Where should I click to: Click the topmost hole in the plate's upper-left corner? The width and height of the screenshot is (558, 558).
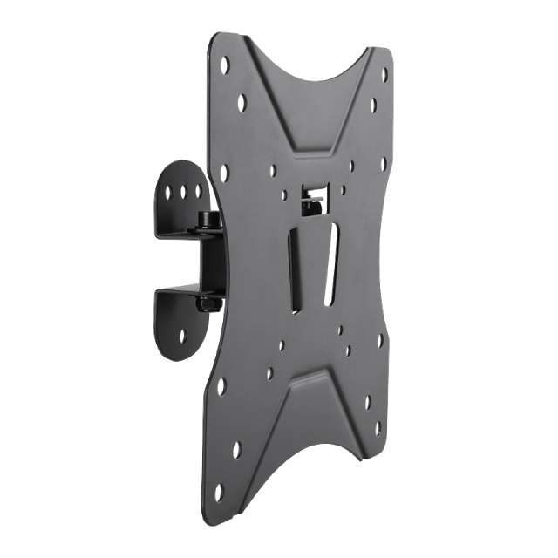click(x=226, y=64)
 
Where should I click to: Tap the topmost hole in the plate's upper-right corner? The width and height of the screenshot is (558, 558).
click(x=384, y=75)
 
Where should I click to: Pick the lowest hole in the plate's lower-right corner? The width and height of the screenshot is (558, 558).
click(x=378, y=428)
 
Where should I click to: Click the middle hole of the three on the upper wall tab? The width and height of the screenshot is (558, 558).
click(x=186, y=188)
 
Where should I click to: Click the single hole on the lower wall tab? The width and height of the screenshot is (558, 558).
click(x=182, y=335)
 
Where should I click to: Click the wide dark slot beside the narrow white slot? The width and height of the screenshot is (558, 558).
click(x=298, y=270)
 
